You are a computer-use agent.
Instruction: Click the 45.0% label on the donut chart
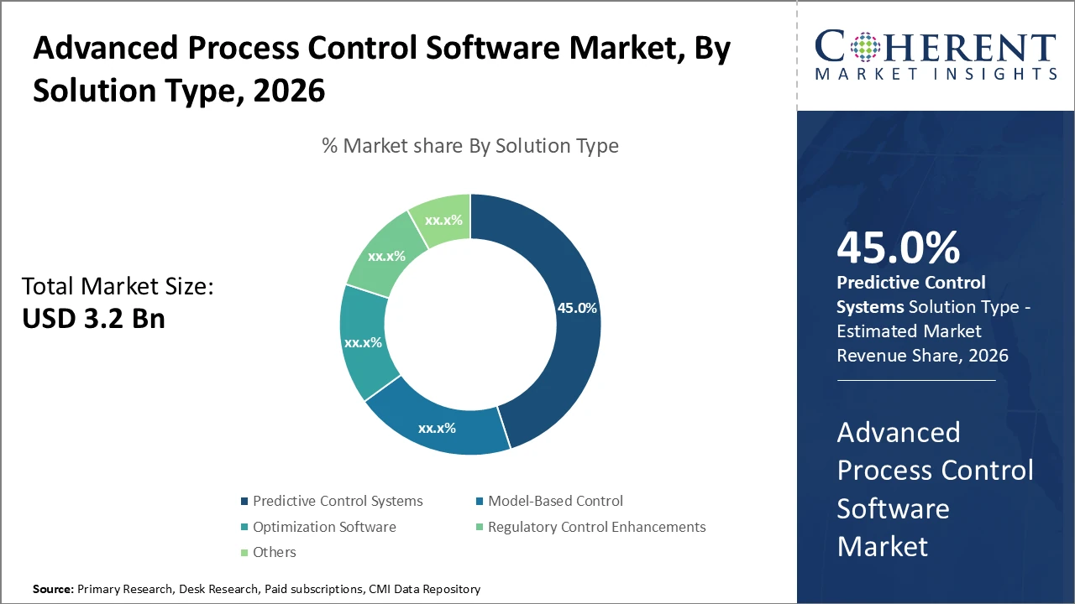click(x=577, y=308)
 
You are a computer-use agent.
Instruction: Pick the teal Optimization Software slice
click(x=363, y=342)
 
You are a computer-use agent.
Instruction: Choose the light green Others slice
click(x=442, y=220)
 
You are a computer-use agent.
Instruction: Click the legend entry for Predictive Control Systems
click(x=337, y=501)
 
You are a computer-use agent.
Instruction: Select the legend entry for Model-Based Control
click(x=555, y=501)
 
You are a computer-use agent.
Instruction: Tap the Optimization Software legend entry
click(x=323, y=527)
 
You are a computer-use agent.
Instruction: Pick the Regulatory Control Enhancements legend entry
click(x=596, y=527)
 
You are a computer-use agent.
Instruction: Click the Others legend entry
click(x=274, y=552)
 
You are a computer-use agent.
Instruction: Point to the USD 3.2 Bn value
click(x=93, y=319)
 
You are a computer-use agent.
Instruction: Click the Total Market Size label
click(x=118, y=287)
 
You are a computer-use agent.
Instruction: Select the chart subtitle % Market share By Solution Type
click(x=470, y=146)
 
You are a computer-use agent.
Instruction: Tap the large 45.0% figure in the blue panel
click(x=898, y=248)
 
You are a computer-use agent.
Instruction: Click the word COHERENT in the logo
click(x=936, y=46)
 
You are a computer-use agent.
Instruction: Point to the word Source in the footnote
click(x=52, y=590)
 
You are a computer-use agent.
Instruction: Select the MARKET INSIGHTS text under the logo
click(x=936, y=75)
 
